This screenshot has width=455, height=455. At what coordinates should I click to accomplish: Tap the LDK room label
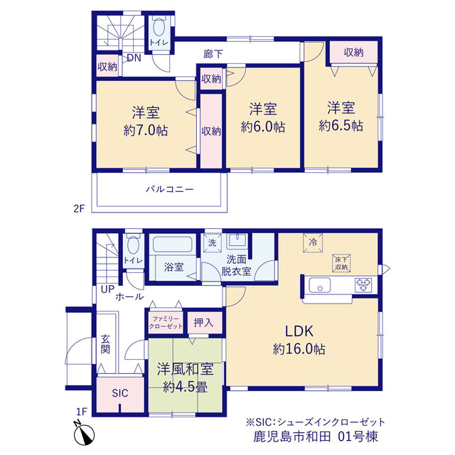coord(299,331)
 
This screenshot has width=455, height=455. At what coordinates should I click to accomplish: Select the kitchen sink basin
coord(319,285)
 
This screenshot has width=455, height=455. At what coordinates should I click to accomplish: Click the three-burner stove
coord(363,284)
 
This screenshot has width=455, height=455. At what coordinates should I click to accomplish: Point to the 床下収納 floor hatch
coord(341,263)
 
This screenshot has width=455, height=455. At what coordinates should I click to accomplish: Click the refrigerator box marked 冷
coord(313,242)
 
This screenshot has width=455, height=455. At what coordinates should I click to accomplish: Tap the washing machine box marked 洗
coord(213,242)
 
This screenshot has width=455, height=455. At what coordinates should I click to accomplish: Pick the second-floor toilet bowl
coord(159,28)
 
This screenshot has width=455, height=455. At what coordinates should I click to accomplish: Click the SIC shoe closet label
coord(120,393)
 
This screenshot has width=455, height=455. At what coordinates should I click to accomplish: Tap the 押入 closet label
coord(204,322)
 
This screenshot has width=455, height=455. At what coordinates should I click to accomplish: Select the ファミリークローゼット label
coord(166,322)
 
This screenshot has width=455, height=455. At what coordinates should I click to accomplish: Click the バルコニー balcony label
coord(169,190)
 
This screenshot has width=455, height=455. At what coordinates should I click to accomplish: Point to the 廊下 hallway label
coord(213,54)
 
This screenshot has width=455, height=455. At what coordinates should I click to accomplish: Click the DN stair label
coord(134,58)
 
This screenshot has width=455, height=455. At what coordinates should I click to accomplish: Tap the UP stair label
coord(107,289)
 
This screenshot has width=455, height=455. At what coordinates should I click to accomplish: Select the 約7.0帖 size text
coord(146,131)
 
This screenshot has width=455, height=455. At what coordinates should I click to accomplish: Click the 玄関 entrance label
coord(105,344)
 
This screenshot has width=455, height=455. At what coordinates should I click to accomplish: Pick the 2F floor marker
coord(79,208)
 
